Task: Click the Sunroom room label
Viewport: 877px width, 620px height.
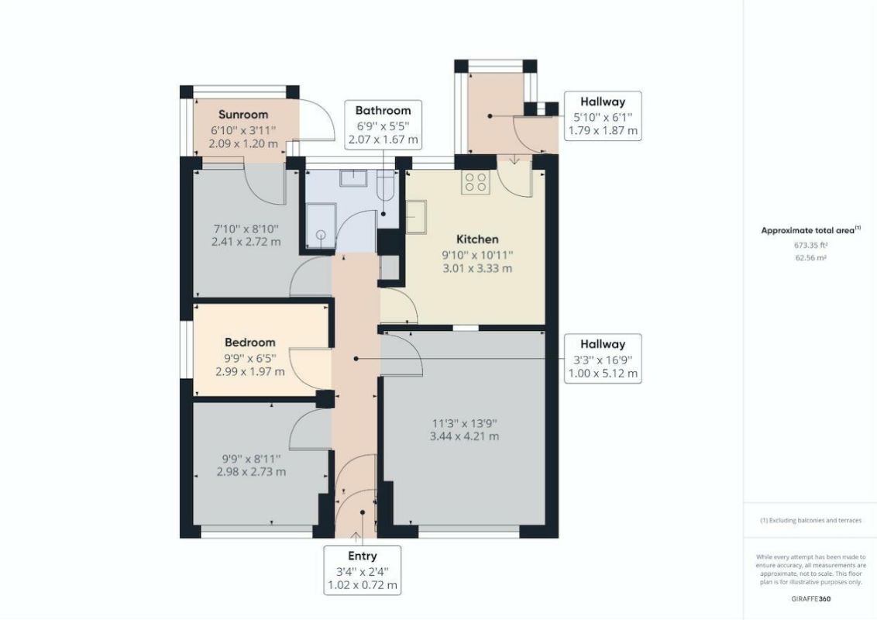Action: tap(242, 115)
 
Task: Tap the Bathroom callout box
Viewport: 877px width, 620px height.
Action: tap(383, 125)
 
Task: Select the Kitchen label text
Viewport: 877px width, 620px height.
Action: tap(476, 239)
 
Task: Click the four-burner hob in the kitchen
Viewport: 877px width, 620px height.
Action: tap(475, 182)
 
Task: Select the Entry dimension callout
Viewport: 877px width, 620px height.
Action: tap(362, 570)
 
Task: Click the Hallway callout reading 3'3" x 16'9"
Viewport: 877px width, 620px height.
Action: tap(603, 359)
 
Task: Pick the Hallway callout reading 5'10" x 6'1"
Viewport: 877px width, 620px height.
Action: tap(603, 115)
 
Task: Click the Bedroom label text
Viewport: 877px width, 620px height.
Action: tap(249, 343)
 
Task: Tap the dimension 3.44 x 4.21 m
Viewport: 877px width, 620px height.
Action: tap(464, 436)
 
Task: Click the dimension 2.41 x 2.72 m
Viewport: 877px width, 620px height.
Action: tap(246, 242)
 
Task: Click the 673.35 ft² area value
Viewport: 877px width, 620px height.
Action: tap(810, 245)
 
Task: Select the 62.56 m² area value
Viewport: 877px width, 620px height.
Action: tap(810, 257)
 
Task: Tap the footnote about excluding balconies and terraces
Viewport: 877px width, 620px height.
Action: tap(810, 520)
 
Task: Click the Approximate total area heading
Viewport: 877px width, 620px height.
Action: tap(810, 230)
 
